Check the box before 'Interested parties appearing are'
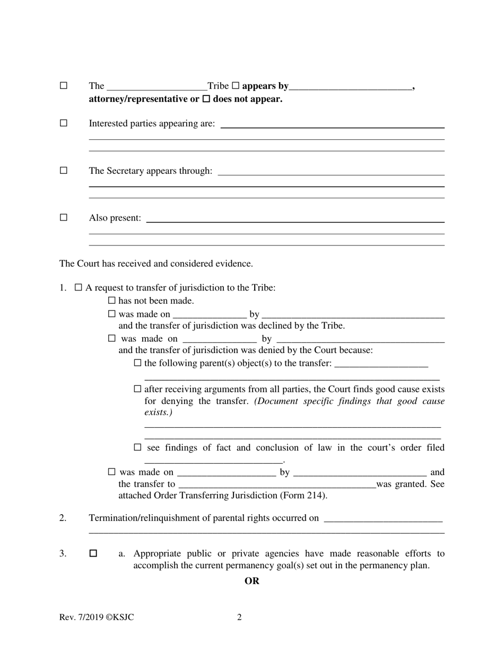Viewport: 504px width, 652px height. [64, 123]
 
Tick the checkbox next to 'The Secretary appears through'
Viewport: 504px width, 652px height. [64, 171]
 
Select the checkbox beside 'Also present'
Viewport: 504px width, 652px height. [64, 217]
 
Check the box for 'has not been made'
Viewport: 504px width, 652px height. [111, 301]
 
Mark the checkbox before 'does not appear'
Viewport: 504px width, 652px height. [207, 99]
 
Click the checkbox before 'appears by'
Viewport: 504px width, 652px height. [236, 85]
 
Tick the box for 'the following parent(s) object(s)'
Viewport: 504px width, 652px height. [138, 363]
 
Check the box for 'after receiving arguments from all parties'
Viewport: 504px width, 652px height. [138, 389]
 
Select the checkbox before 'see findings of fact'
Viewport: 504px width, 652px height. [138, 447]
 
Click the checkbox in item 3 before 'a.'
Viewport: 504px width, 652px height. [93, 553]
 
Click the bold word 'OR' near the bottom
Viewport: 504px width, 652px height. [252, 581]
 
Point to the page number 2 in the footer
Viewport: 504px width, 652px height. [239, 617]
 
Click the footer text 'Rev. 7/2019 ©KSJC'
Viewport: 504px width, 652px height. [97, 617]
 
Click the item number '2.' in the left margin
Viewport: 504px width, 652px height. [63, 518]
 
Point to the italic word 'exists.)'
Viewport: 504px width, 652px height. [158, 412]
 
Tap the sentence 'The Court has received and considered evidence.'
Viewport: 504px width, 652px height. [156, 263]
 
